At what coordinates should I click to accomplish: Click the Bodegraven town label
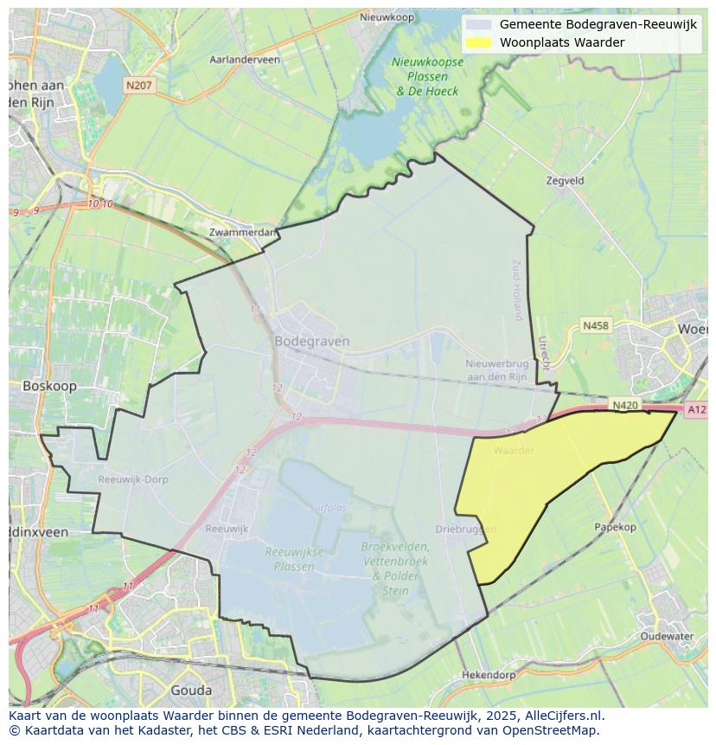[312, 341]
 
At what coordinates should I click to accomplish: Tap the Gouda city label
[191, 690]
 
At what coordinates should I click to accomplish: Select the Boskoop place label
[49, 386]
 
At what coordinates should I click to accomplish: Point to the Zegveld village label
[566, 181]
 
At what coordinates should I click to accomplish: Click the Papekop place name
[615, 527]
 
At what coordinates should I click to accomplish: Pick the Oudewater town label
[667, 636]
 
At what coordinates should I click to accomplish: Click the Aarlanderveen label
[245, 60]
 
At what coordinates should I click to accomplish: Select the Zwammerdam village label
[243, 232]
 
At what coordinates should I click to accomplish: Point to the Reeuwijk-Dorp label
[133, 479]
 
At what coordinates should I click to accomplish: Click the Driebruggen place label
[466, 529]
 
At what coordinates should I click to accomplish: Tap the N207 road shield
[138, 85]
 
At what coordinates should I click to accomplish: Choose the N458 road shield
[595, 325]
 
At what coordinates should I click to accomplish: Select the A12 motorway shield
[695, 410]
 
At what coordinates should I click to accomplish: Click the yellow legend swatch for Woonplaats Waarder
[477, 42]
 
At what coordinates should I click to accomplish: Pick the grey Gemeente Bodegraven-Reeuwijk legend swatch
[477, 24]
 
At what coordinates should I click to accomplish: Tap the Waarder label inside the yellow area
[514, 450]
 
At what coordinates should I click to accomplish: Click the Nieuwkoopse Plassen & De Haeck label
[428, 76]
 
